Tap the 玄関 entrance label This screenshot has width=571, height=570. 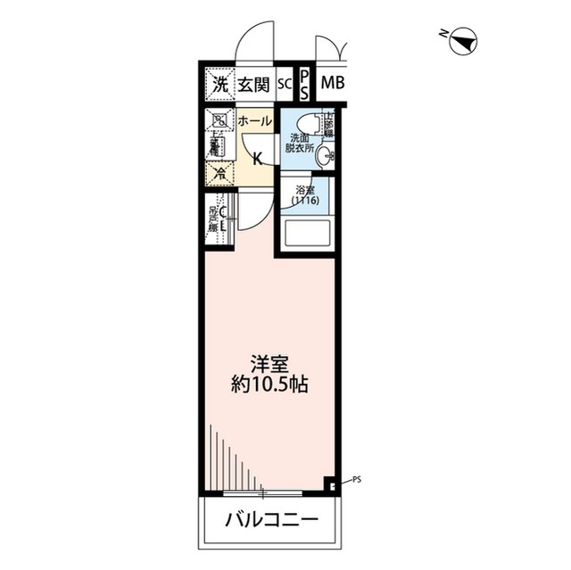253,85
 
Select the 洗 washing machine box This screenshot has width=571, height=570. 219,85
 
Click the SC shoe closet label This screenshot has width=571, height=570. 284,85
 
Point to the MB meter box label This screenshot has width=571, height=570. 332,85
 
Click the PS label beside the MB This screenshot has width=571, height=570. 304,86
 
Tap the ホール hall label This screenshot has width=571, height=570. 254,120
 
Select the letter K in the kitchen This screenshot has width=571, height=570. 257,160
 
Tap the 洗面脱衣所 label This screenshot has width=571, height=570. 300,144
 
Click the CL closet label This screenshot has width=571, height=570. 224,218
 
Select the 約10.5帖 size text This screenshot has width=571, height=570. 268,388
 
